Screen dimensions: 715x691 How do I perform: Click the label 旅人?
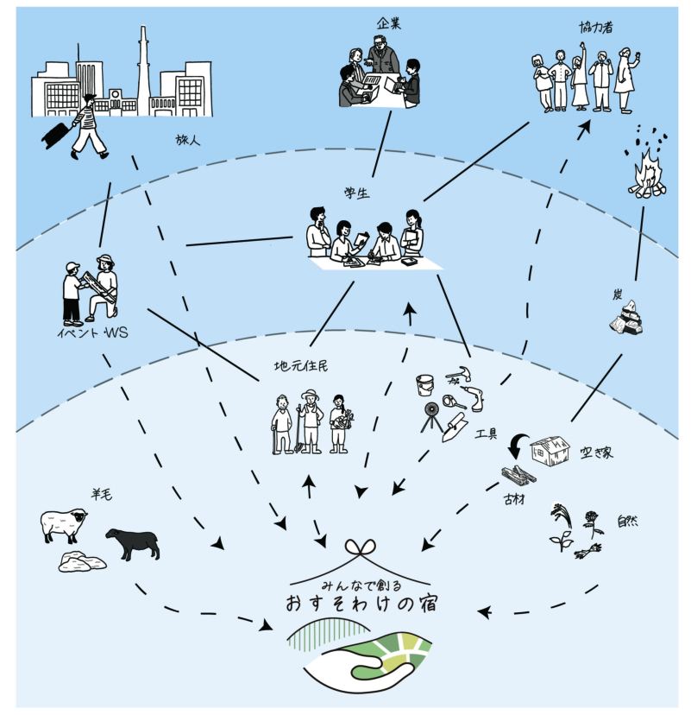point(186,139)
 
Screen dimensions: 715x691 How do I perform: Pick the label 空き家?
point(597,452)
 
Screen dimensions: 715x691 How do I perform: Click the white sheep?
point(64,523)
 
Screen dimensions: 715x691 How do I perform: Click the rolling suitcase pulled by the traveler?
point(53,134)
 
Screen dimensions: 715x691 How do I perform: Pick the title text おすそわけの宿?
point(361,603)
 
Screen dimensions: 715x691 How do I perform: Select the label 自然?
point(627,522)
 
